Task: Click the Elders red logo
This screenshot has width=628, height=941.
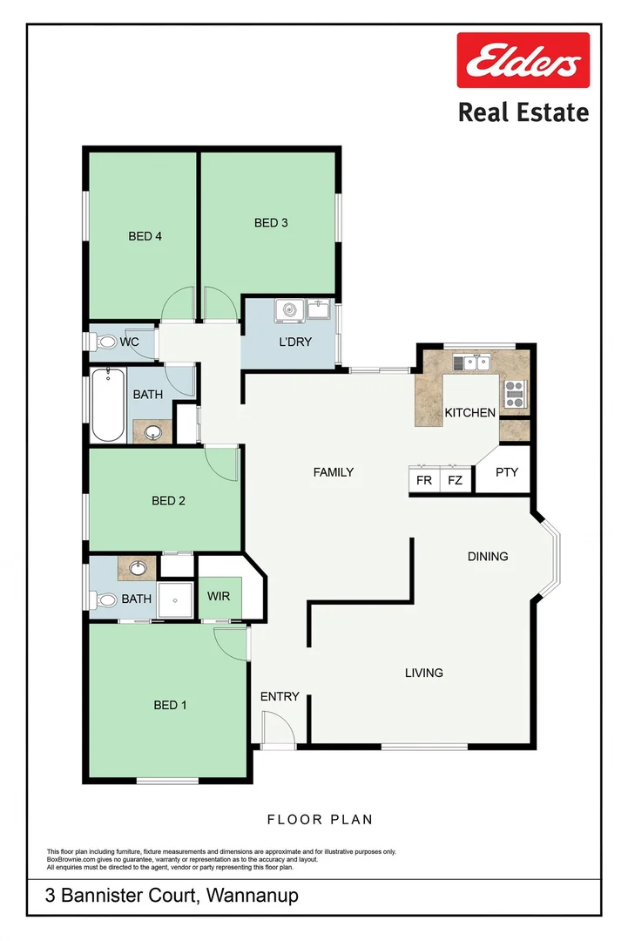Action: (523, 60)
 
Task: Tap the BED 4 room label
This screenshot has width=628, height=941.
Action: (145, 236)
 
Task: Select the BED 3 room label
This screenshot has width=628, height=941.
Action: (271, 223)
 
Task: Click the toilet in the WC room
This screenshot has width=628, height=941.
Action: (105, 342)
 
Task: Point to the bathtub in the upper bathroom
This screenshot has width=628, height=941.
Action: (108, 405)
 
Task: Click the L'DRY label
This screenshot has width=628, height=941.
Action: (295, 342)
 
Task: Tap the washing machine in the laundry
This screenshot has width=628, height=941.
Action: (287, 310)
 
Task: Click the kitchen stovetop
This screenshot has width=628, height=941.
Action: (514, 395)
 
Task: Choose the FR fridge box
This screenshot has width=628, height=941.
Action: (424, 480)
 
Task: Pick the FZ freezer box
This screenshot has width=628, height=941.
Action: (455, 480)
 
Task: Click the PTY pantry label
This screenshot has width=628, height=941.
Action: (506, 473)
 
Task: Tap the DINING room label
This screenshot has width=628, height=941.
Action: (487, 556)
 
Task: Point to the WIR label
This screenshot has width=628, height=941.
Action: (218, 597)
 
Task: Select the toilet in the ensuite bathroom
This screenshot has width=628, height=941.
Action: (106, 599)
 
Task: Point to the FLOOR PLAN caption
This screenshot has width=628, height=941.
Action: (320, 819)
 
